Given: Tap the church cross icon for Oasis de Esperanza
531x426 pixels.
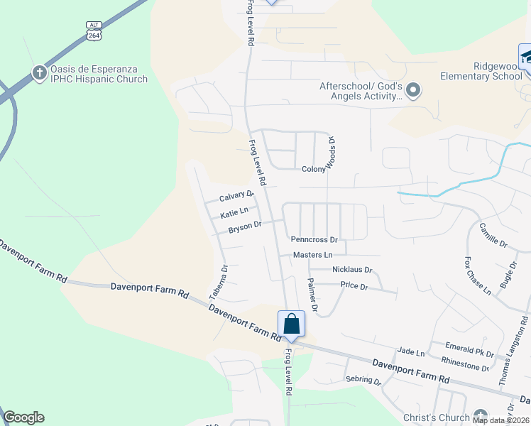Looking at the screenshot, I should pyautogui.click(x=39, y=72).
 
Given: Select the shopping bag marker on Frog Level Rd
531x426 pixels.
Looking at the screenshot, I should pyautogui.click(x=291, y=324).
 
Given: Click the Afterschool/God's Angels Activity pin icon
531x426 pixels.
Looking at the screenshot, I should pyautogui.click(x=414, y=90).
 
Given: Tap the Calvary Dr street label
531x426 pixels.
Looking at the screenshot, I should pyautogui.click(x=236, y=196).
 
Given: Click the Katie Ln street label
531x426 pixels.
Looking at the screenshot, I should pyautogui.click(x=234, y=212).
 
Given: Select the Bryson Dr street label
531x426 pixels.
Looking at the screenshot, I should pyautogui.click(x=245, y=227).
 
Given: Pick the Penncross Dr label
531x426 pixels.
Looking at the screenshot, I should pyautogui.click(x=314, y=240).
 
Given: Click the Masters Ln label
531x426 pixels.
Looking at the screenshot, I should pyautogui.click(x=312, y=255).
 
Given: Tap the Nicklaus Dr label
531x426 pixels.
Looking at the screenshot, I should pyautogui.click(x=351, y=271).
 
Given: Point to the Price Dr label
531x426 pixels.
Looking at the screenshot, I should pyautogui.click(x=354, y=287).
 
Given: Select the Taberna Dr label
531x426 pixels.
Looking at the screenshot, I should pyautogui.click(x=218, y=282).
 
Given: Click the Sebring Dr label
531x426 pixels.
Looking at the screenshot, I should pyautogui.click(x=363, y=380).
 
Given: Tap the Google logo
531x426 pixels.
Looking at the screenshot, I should pyautogui.click(x=23, y=417).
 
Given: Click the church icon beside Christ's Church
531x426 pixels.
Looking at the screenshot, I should pyautogui.click(x=481, y=415).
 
